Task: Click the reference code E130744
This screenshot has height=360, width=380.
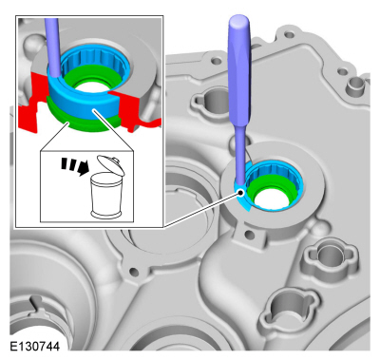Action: [34, 347]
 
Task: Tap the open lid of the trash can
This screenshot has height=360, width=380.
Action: [110, 164]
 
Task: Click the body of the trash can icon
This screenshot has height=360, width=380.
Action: [105, 196]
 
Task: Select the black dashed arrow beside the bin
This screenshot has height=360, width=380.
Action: [75, 165]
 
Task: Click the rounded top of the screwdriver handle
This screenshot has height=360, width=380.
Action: [238, 22]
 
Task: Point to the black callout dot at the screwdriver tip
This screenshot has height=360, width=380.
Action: [241, 192]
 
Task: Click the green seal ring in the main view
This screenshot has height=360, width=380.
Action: [268, 190]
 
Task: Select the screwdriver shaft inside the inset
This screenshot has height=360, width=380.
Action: [52, 47]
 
